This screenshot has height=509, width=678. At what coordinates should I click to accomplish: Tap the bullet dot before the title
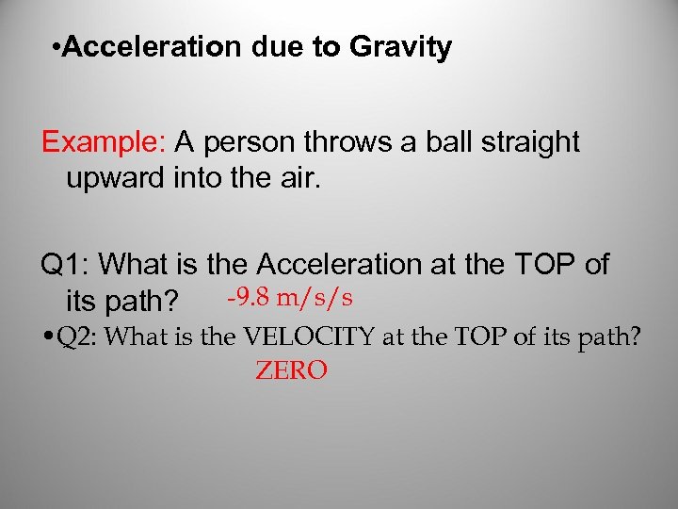click(58, 48)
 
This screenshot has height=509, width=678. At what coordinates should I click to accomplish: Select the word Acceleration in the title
click(153, 47)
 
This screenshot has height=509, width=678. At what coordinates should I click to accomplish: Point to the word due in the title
click(273, 47)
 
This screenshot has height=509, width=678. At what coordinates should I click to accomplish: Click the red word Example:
click(104, 143)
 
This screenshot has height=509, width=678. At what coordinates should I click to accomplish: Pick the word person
click(251, 143)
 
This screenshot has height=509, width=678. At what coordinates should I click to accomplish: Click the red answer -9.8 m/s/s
click(290, 298)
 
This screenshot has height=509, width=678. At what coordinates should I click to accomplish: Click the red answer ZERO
click(291, 371)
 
